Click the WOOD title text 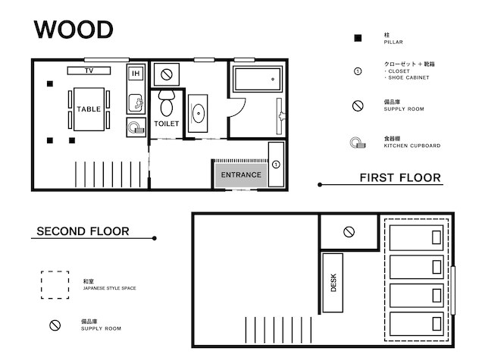(74, 30)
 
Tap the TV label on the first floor (89, 71)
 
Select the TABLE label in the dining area (89, 109)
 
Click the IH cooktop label (136, 74)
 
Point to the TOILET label (167, 124)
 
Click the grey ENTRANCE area (241, 175)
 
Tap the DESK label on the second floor (333, 283)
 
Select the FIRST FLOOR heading (400, 177)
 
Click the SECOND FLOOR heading (83, 231)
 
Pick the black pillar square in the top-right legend (358, 38)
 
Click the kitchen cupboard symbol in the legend (358, 143)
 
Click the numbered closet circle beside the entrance (276, 165)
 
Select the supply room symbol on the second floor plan (349, 232)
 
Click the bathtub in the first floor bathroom (258, 79)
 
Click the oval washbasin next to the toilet (198, 113)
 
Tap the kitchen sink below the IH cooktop (136, 103)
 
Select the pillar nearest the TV (50, 83)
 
